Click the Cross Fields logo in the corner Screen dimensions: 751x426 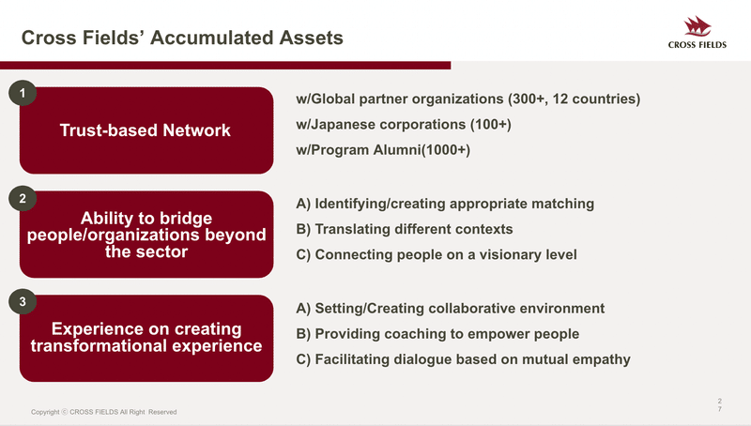tap(697, 32)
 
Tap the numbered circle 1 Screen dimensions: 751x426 tap(23, 93)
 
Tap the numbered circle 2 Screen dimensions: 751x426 tap(23, 198)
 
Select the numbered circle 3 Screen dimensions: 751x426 tap(23, 301)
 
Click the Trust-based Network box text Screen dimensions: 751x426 tap(146, 130)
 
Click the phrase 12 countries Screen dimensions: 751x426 tap(593, 99)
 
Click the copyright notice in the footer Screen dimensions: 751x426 tap(104, 412)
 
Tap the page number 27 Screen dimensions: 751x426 tap(719, 405)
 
